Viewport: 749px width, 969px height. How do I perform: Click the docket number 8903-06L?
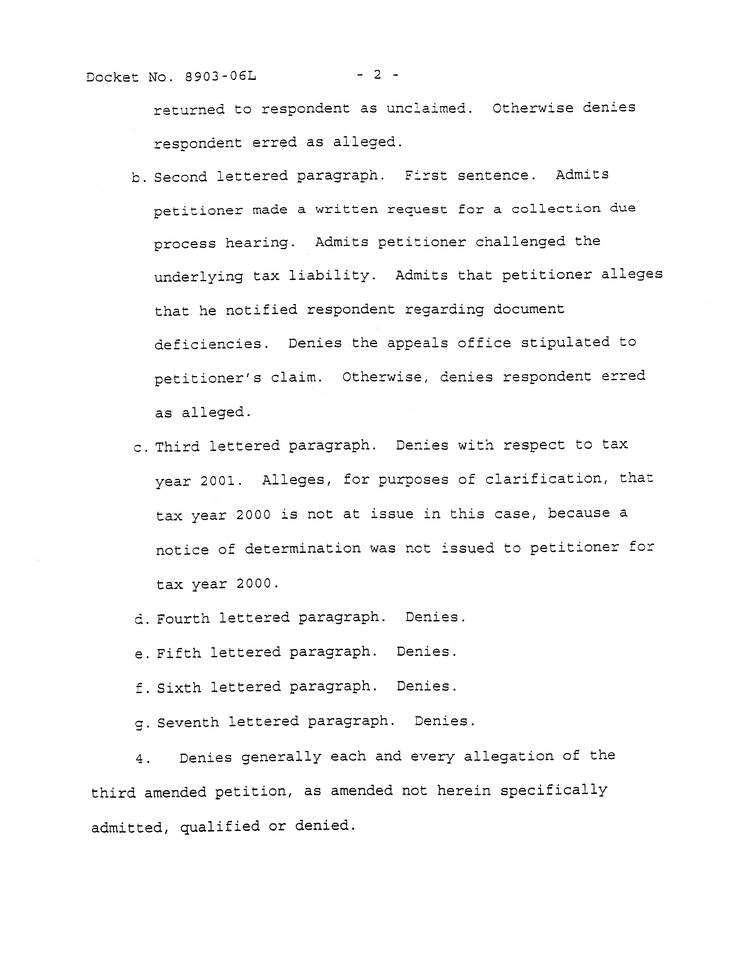(x=220, y=76)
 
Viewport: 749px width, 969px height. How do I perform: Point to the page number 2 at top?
(x=377, y=75)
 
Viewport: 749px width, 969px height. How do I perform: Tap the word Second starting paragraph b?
(x=180, y=177)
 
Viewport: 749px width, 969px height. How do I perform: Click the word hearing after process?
(x=260, y=243)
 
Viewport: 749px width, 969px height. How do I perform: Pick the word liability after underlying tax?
(x=332, y=276)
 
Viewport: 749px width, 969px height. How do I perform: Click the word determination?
(x=303, y=548)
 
